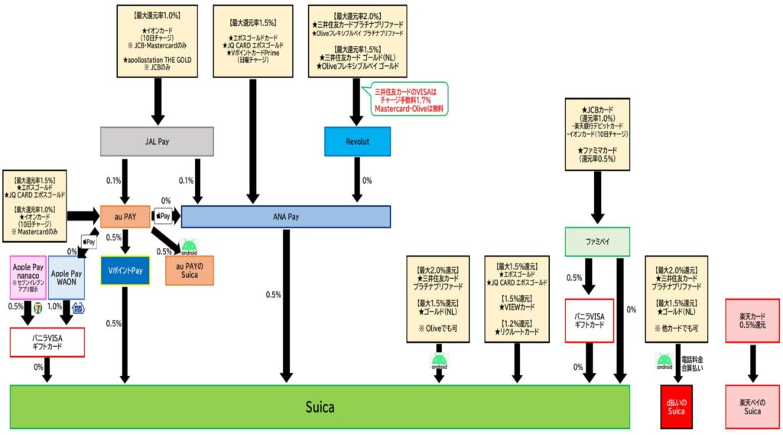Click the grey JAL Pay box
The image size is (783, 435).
click(x=157, y=141)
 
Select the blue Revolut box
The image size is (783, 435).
click(x=357, y=141)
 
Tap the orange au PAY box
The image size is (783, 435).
click(x=124, y=217)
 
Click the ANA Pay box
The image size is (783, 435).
click(x=285, y=217)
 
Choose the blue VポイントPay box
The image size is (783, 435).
click(x=125, y=270)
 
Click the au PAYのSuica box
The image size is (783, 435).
click(x=189, y=270)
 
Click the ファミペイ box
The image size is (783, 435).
click(x=596, y=242)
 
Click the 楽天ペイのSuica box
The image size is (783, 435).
click(x=752, y=406)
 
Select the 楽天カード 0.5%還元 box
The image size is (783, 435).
click(x=752, y=320)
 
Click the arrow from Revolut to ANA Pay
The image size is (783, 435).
click(x=357, y=181)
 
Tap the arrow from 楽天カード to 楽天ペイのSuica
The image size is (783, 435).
click(x=752, y=363)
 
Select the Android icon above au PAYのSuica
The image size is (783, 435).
click(x=188, y=247)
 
